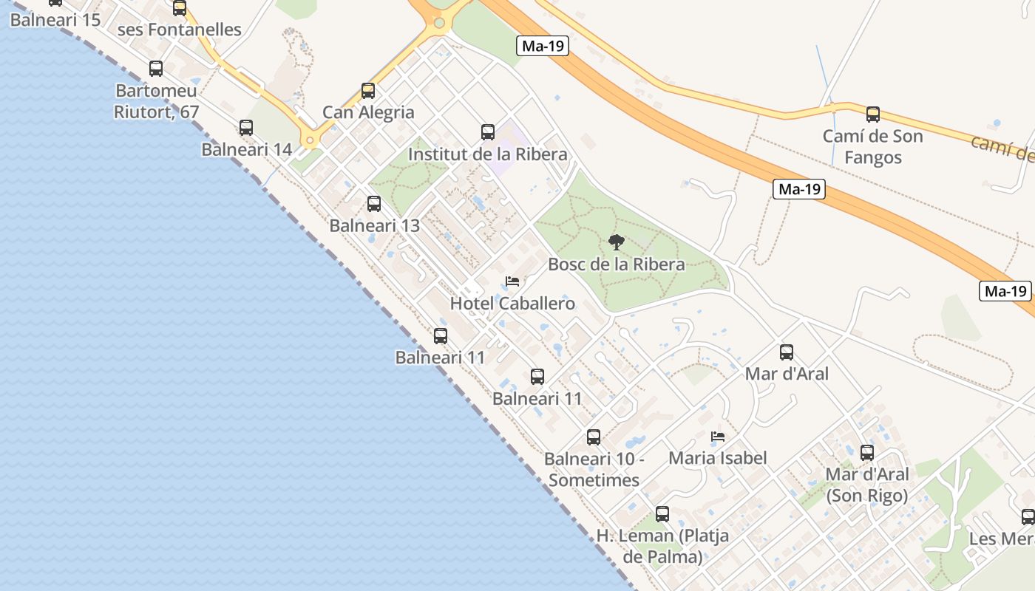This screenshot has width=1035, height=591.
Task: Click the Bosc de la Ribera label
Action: click(616, 264)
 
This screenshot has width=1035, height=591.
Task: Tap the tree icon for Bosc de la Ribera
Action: click(616, 242)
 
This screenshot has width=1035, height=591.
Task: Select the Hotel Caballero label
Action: click(512, 303)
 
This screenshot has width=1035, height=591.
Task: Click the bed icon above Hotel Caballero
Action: click(512, 281)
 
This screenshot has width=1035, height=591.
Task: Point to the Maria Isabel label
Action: click(717, 458)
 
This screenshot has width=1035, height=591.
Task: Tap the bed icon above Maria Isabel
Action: click(717, 437)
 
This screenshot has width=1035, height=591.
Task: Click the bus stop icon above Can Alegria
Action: click(368, 91)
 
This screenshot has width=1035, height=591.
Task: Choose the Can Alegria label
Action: click(368, 112)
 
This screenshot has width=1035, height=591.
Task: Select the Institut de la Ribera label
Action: click(488, 154)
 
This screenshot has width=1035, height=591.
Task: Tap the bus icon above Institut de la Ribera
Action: click(488, 132)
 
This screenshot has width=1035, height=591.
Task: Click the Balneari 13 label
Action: click(374, 225)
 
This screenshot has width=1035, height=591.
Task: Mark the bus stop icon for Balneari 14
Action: click(246, 128)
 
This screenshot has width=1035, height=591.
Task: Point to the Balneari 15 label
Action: click(55, 19)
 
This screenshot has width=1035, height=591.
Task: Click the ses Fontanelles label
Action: click(180, 30)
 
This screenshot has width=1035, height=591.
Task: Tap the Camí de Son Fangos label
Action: click(872, 146)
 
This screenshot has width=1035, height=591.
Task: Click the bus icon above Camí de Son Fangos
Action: click(873, 115)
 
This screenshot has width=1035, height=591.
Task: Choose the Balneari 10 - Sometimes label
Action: click(594, 469)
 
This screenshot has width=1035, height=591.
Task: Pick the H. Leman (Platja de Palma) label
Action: click(662, 546)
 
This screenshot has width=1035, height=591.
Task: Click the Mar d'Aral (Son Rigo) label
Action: click(867, 485)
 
